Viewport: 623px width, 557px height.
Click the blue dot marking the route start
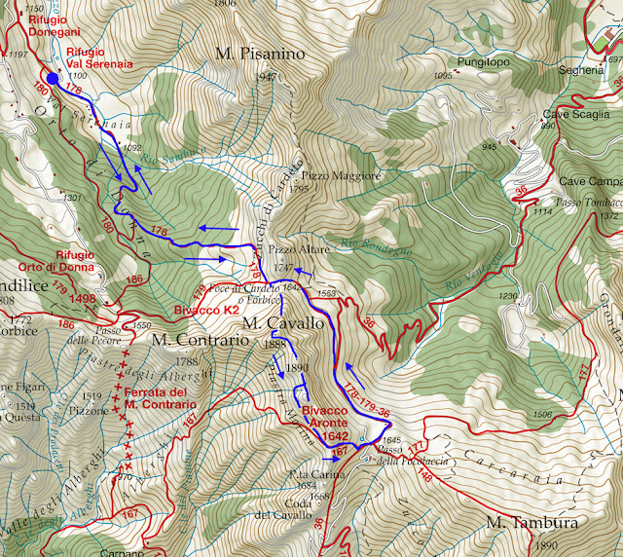pos(52,79)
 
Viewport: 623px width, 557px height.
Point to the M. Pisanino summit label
pos(261,54)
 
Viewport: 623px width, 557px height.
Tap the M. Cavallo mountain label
pos(282,323)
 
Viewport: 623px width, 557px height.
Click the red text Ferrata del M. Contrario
pos(161,398)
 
